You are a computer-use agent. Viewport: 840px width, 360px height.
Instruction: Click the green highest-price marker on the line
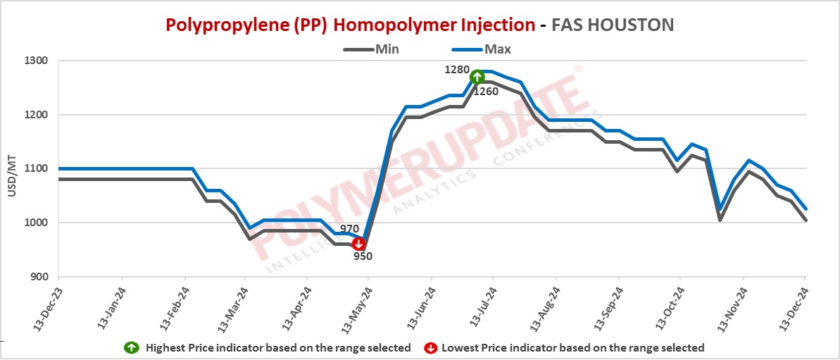point(477,77)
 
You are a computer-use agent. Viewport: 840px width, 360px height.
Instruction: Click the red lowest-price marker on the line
point(358,244)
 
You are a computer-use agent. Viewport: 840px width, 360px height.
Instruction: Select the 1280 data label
point(456,70)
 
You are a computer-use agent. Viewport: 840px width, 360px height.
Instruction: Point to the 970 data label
point(350,229)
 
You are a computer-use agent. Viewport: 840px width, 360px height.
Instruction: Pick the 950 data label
point(363,256)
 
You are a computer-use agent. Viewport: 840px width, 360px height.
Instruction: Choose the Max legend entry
point(497,49)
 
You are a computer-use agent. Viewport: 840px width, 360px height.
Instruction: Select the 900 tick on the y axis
point(38,277)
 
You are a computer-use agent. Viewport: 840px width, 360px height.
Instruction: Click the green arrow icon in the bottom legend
point(131,347)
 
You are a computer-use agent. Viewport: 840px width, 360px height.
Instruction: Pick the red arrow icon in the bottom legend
point(428,347)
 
